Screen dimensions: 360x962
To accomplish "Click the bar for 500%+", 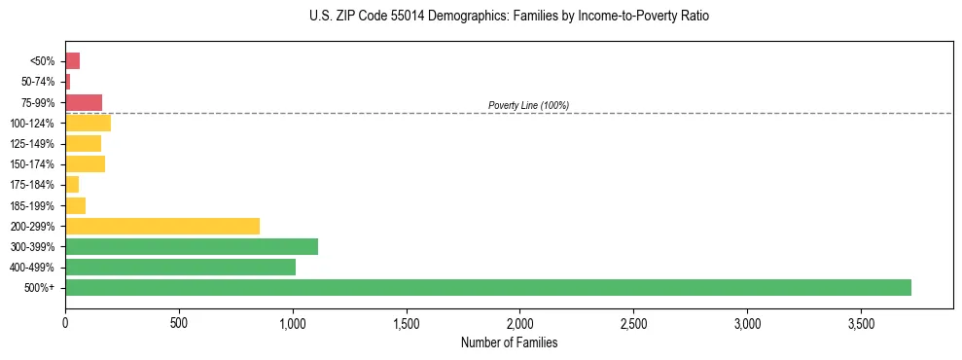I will pos(487,288).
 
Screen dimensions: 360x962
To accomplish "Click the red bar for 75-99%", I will pos(84,102).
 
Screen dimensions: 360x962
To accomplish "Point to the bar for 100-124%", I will pos(88,124).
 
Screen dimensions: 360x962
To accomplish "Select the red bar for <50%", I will pos(72,61).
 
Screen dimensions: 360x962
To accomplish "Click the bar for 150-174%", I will pos(85,164).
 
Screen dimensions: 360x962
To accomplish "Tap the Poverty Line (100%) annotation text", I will pos(528,105).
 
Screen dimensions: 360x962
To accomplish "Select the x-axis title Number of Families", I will pos(509,342).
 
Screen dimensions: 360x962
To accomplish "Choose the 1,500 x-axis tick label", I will pos(406,322).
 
